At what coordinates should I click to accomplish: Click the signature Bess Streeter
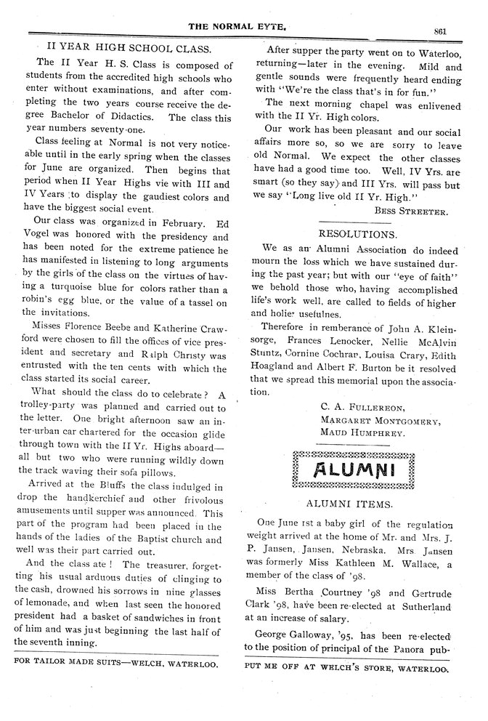click(412, 211)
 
